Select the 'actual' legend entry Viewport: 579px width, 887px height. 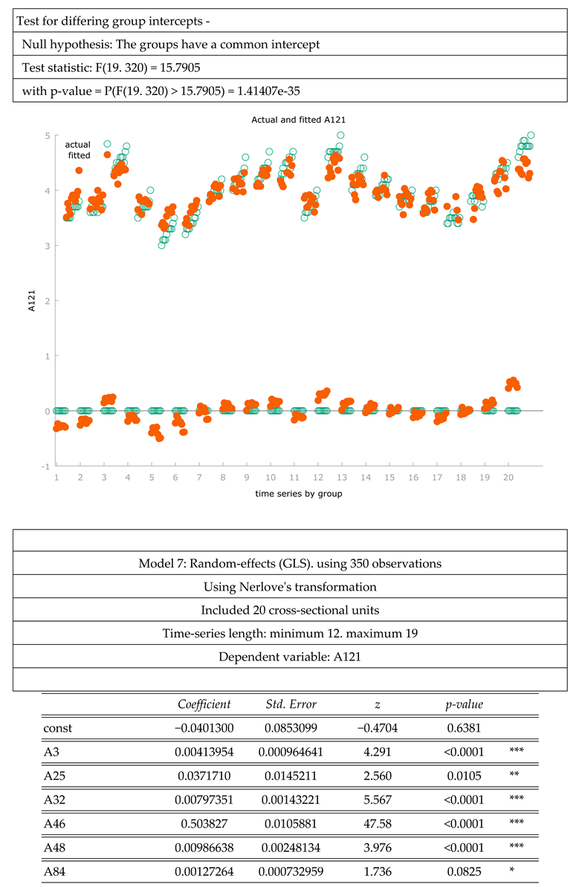[78, 144]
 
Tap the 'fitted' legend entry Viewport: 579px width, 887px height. [78, 155]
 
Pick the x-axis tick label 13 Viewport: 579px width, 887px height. [341, 477]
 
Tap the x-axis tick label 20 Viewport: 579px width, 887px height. [508, 477]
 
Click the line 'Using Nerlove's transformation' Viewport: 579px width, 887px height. [290, 587]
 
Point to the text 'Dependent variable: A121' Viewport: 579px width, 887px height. [290, 657]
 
